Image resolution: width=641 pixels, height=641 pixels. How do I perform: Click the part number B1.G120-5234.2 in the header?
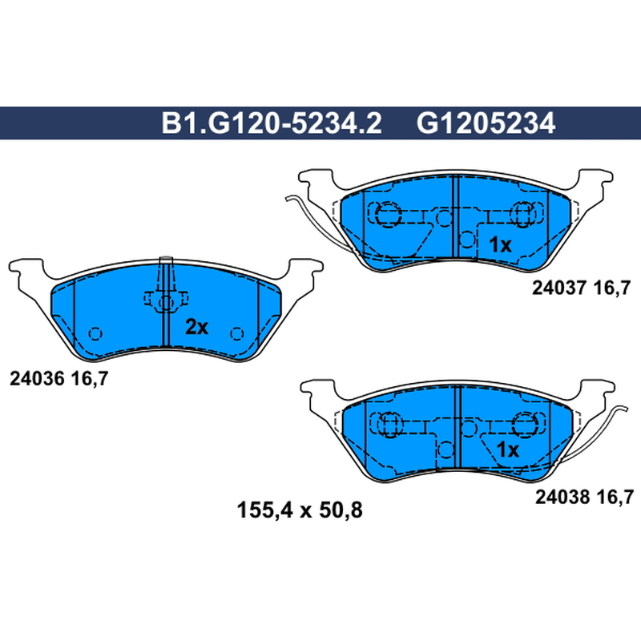click(272, 123)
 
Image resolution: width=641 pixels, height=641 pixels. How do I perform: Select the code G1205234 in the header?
click(486, 123)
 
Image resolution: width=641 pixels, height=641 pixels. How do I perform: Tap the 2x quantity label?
click(196, 327)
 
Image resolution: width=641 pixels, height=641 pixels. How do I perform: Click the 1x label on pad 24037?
click(500, 245)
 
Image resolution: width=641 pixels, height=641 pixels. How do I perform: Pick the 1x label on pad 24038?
click(508, 450)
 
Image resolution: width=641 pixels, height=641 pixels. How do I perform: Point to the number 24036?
click(37, 379)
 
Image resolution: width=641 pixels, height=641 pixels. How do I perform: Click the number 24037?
click(559, 288)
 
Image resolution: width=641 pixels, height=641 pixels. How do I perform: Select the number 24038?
click(562, 497)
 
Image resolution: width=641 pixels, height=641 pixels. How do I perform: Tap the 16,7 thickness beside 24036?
click(90, 379)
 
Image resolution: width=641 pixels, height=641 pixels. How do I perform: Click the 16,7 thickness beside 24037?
click(612, 288)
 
